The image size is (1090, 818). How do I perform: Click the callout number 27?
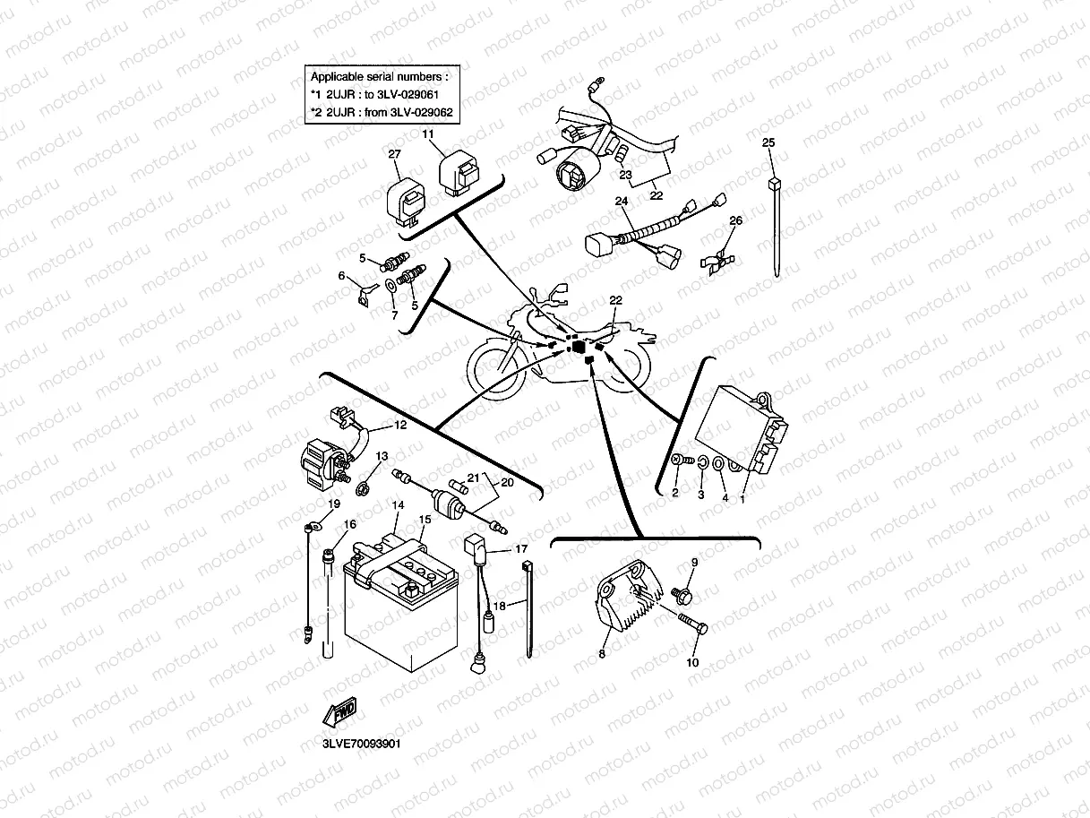393,154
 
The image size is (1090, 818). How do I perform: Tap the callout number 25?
768,142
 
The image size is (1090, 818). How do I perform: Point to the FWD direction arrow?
340,712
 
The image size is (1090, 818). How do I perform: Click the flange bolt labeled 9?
681,592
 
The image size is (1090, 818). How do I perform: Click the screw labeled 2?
678,461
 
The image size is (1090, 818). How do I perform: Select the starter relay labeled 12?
323,456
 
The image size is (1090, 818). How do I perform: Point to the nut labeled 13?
364,488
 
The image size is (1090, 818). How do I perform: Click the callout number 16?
349,524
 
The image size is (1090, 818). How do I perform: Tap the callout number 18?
499,606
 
